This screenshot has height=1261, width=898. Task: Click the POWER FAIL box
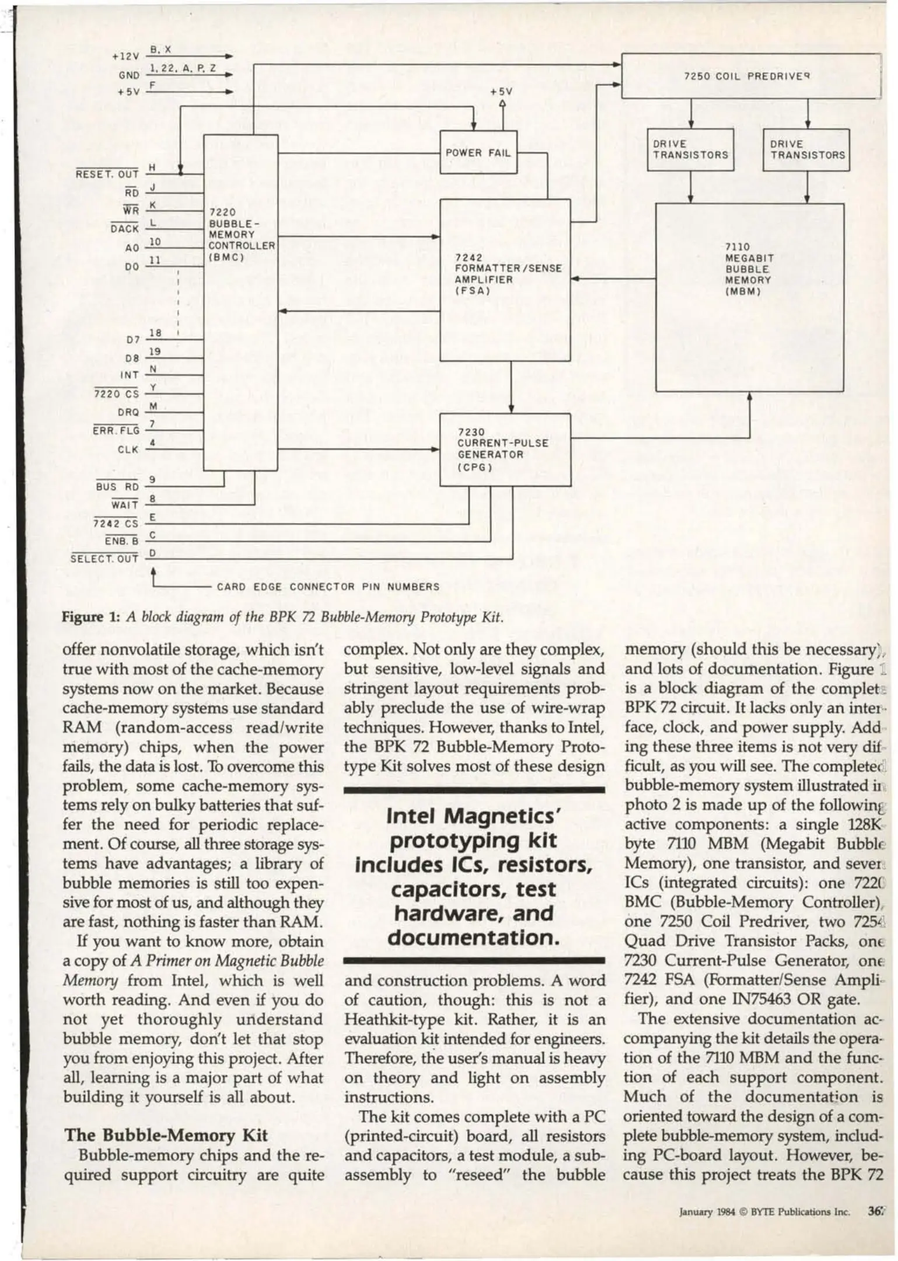478,153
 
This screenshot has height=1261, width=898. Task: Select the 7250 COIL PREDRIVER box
750,76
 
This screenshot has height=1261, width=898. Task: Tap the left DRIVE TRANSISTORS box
690,150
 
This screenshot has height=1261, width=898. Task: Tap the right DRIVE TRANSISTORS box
806,150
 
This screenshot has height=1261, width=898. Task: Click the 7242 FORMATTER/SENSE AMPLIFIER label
508,274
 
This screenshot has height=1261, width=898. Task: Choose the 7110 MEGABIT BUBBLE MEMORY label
749,269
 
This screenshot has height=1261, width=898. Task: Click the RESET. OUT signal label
107,174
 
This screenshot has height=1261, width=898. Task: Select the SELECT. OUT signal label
104,559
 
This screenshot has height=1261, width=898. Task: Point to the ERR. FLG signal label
116,431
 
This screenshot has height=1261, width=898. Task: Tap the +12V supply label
125,57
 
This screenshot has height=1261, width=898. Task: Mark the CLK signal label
128,450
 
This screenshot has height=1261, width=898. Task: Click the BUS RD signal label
117,486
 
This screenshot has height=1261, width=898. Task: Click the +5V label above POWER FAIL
501,92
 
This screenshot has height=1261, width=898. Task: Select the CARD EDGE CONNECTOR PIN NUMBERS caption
328,587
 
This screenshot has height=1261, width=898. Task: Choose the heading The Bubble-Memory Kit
166,1134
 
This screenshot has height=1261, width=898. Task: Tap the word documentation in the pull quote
473,938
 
